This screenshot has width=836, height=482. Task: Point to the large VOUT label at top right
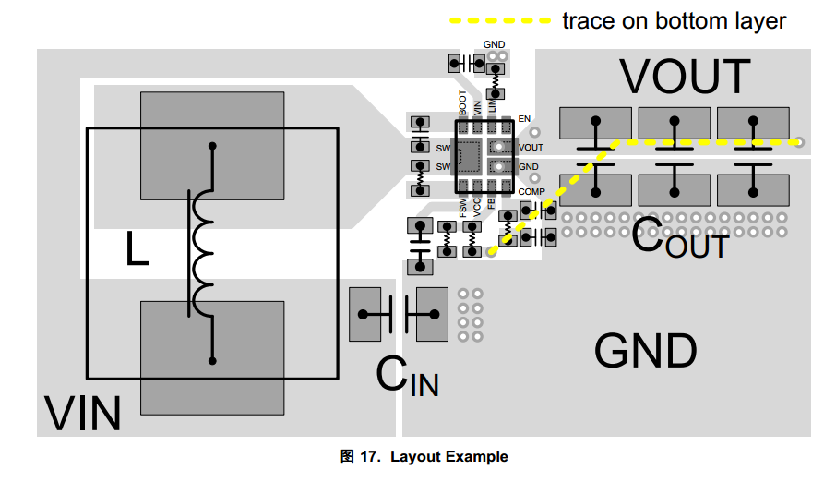tap(685, 77)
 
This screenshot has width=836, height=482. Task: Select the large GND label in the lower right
tap(645, 351)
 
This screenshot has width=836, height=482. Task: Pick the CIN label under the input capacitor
tap(407, 376)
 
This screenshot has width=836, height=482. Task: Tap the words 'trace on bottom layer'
tap(675, 20)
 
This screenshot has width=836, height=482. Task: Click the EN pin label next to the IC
tap(524, 119)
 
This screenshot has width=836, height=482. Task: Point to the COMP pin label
tap(531, 191)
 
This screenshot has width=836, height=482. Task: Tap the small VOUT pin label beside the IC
tap(531, 148)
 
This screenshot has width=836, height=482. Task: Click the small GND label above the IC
tap(495, 44)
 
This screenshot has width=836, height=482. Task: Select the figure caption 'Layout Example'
tap(448, 457)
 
